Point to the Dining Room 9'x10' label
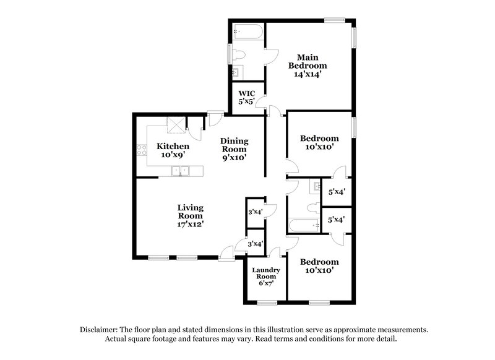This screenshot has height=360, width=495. pos(234,148)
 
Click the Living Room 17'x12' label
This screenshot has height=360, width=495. pos(191,215)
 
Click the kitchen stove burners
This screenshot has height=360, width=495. pos(140,150)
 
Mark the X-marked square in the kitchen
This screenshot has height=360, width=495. pos(176,126)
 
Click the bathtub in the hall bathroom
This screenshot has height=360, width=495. pos(304,226)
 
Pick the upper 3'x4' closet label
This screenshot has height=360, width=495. pos(256,212)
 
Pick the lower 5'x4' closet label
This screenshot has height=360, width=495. pos(336,219)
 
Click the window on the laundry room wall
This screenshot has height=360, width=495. pos(267,302)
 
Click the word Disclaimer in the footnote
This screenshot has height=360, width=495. pos(100,330)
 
